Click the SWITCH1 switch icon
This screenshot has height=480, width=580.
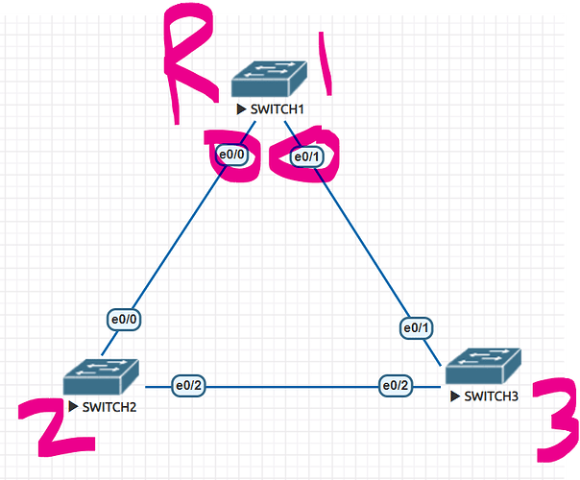pos(269,79)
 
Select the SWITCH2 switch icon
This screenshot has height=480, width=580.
pos(101,376)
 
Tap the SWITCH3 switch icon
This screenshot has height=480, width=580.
pos(483,366)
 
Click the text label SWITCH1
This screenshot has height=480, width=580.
pos(278,109)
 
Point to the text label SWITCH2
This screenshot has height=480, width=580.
pos(109,407)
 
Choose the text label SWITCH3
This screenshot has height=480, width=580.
pos(492,396)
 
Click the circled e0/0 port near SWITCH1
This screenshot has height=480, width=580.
pos(232,155)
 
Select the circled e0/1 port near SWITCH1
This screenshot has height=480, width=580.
pos(307,157)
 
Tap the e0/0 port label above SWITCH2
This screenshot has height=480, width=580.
pos(124,319)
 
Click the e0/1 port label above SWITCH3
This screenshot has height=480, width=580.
pos(416,327)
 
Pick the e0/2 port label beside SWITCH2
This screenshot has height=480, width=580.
pos(188,386)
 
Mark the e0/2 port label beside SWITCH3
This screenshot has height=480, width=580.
pos(396,386)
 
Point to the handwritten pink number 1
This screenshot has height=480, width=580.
pos(325,63)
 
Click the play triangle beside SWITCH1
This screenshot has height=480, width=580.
pos(241,109)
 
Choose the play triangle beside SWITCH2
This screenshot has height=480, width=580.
pos(73,407)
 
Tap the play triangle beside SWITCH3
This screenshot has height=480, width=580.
pos(455,396)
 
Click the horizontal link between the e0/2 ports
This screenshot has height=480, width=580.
pos(292,387)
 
